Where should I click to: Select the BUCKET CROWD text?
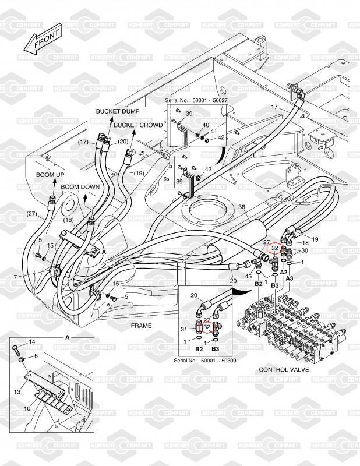point(138,125)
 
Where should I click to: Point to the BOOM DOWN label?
point(80,187)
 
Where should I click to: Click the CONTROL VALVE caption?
point(284,369)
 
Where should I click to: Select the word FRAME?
point(141,326)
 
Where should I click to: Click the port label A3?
point(290,279)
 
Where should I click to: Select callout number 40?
point(206,125)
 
